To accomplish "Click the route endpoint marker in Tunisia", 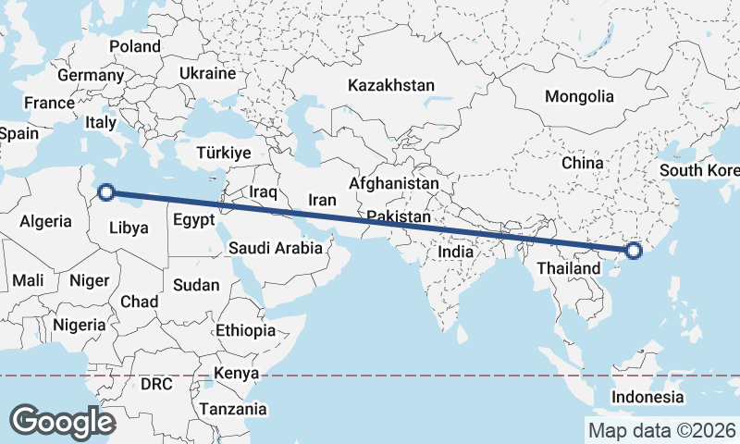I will [106, 192].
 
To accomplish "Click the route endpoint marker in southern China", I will [634, 250].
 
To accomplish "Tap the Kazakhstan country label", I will [391, 85].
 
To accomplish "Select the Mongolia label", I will [579, 96].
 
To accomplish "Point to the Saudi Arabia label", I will [276, 248].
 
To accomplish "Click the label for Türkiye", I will [224, 153].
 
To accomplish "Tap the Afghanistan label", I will [394, 184].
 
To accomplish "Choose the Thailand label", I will [563, 270].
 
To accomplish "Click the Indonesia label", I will [647, 398].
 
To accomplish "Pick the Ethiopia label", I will [245, 330].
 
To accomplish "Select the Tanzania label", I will [236, 409].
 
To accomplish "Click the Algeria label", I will [45, 221].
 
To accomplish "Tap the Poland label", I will [135, 46].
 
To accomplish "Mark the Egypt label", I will [194, 220].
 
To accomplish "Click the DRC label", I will [156, 383].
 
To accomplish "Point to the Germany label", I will [90, 75].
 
